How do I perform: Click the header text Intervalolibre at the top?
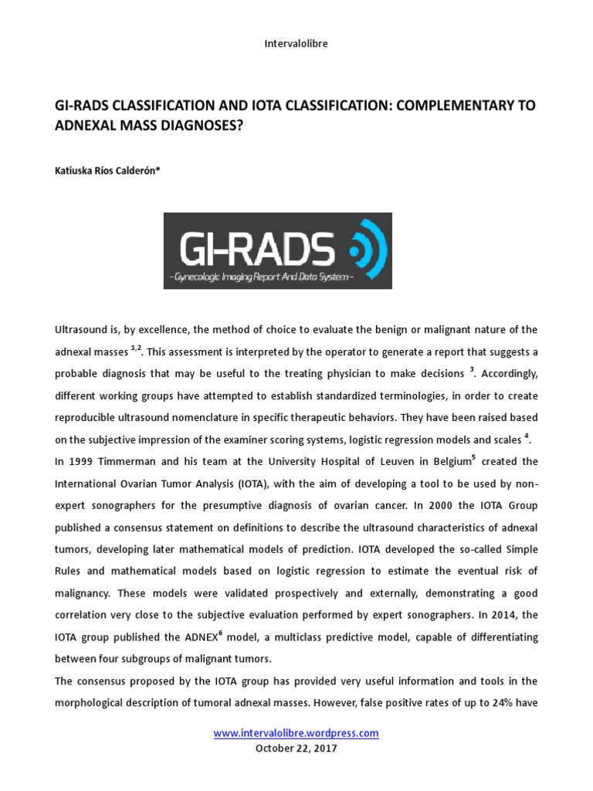(x=296, y=44)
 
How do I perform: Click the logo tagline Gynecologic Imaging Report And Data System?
(x=261, y=277)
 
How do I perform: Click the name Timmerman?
(x=134, y=462)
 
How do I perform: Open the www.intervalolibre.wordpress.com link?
(x=296, y=733)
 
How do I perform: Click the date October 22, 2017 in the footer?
(x=296, y=749)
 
